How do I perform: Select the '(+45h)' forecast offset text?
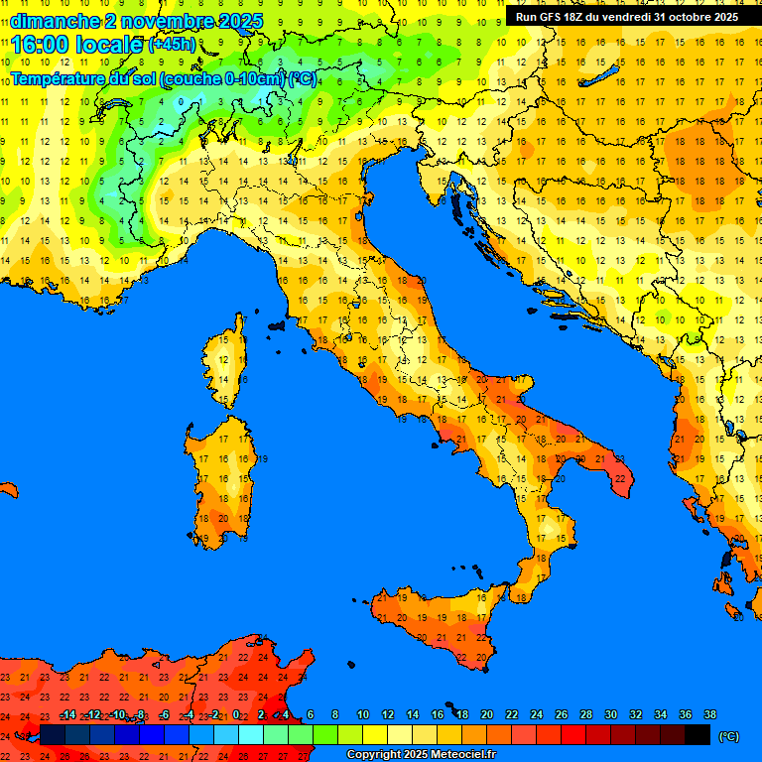(x=172, y=45)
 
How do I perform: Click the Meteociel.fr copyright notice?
(x=421, y=754)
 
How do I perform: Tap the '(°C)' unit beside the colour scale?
(x=728, y=736)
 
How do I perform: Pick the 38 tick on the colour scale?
(x=709, y=714)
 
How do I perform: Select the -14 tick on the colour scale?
(x=67, y=714)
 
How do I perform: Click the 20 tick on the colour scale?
(x=486, y=714)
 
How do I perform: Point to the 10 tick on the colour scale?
(x=362, y=714)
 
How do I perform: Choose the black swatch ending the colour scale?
(x=698, y=735)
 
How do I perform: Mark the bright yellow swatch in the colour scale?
(x=374, y=735)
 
